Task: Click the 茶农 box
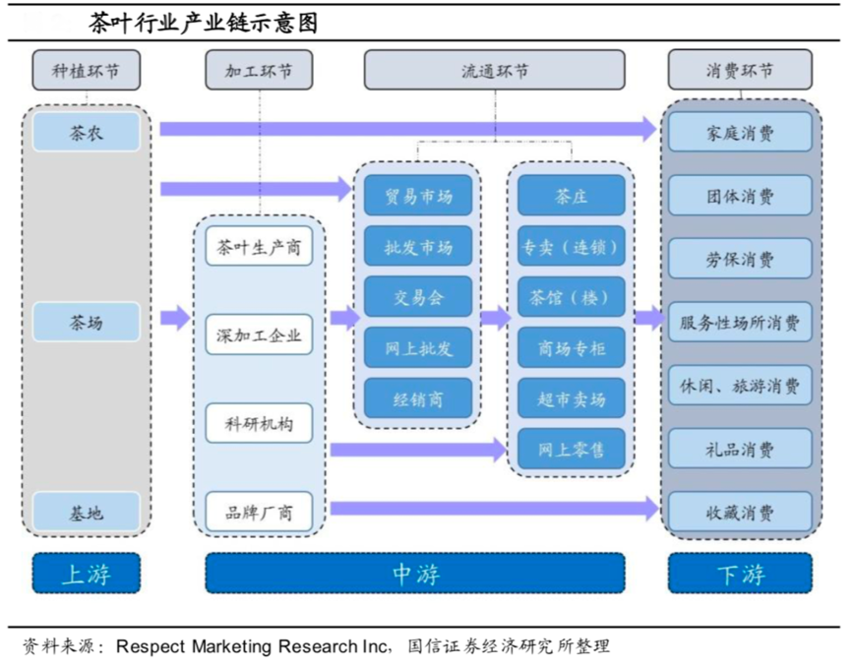(x=86, y=132)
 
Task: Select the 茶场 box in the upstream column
(x=86, y=322)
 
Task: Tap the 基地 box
(x=86, y=513)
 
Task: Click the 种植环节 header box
(x=86, y=71)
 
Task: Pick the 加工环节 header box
(x=258, y=71)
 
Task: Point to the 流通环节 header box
(x=494, y=71)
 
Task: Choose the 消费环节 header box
(x=740, y=71)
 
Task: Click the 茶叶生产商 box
(x=259, y=247)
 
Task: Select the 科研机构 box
(x=259, y=423)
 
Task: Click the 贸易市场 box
(x=417, y=196)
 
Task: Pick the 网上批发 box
(x=417, y=347)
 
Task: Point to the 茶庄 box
(x=571, y=196)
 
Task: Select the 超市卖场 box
(x=571, y=397)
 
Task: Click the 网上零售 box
(x=571, y=449)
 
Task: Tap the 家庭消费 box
(x=740, y=132)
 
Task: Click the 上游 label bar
(x=86, y=574)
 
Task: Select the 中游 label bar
(x=414, y=574)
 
